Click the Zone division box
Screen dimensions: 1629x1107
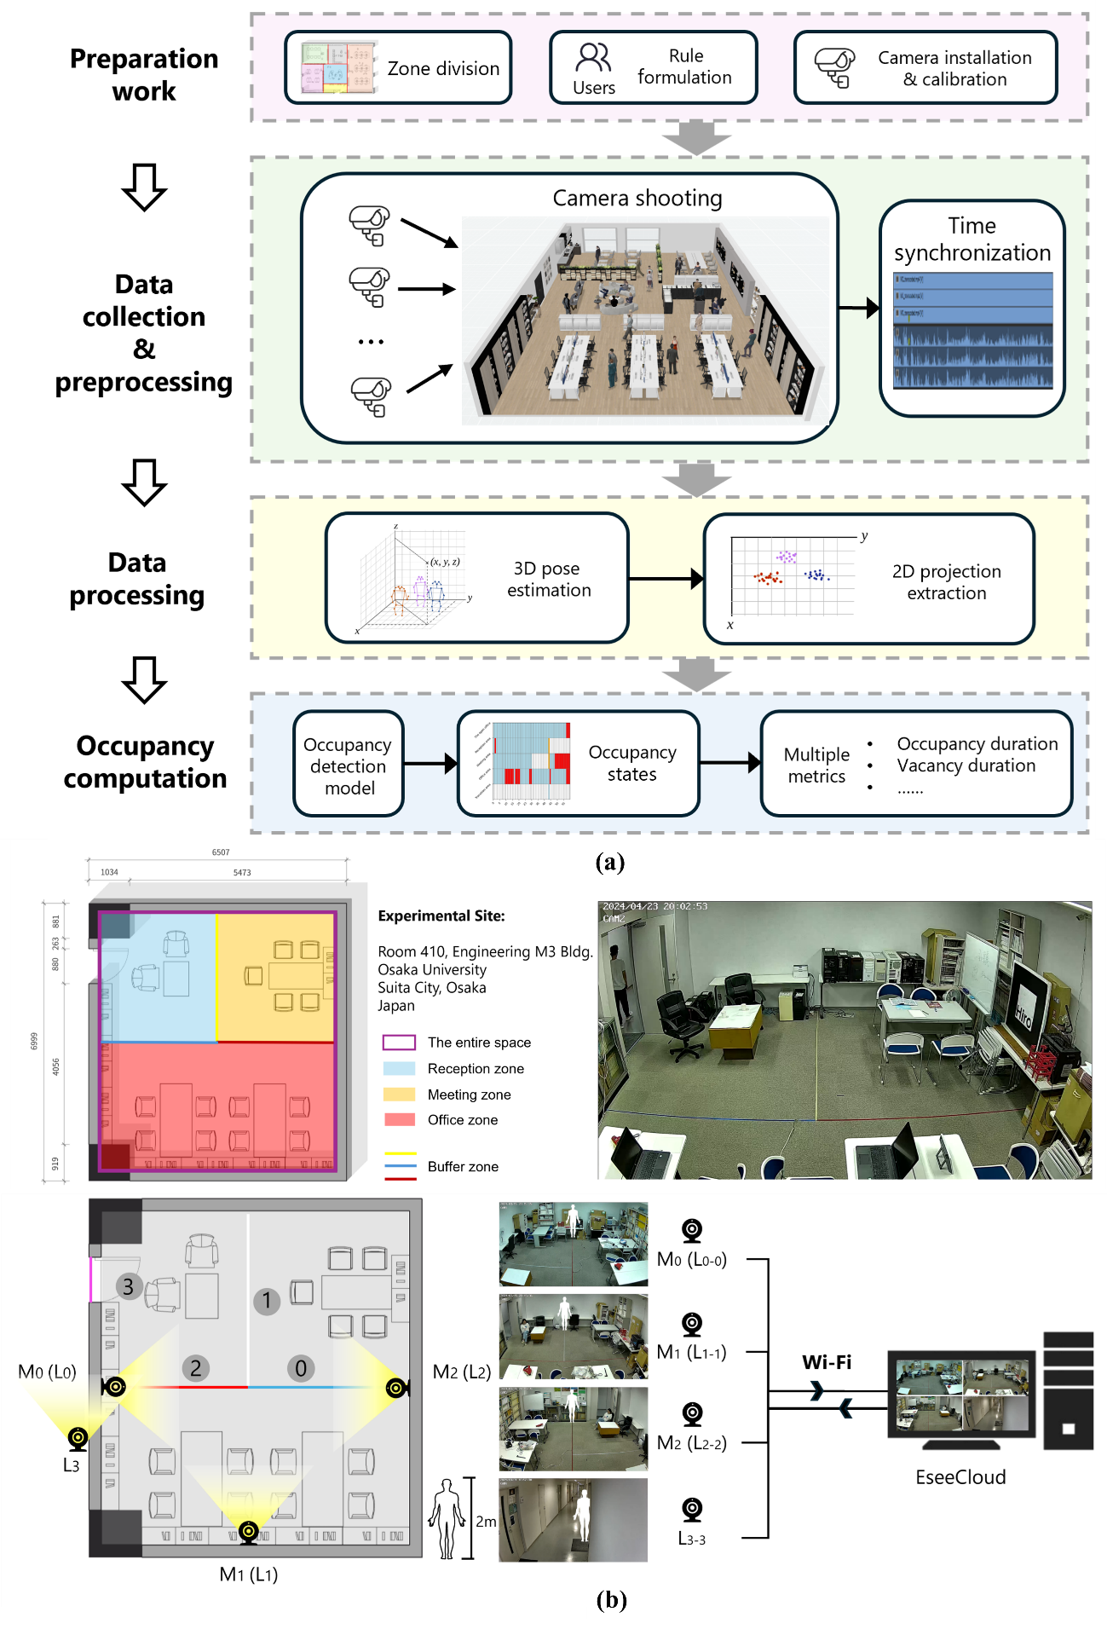398,68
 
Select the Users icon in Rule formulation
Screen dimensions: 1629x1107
593,58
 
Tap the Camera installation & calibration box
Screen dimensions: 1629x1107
925,68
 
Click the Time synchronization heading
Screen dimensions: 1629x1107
972,240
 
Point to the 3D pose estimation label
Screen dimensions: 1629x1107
548,580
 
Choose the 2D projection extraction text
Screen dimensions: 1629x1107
946,582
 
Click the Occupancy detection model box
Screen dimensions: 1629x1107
349,765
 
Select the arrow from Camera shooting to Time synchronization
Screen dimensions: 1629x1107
859,308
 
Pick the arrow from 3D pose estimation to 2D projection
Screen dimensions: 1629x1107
666,580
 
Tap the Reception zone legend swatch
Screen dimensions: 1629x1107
399,1069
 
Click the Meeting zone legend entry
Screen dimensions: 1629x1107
469,1095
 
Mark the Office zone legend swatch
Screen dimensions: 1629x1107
399,1120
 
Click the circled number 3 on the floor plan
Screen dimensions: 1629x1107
128,1286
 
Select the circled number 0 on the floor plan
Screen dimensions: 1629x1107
301,1368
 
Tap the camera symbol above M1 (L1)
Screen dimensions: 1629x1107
248,1531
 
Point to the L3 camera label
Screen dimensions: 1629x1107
72,1465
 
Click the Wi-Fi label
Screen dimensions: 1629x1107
827,1362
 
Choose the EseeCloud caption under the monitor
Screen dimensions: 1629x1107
960,1477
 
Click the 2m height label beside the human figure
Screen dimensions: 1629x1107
486,1522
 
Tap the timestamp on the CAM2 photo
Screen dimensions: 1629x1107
654,906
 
